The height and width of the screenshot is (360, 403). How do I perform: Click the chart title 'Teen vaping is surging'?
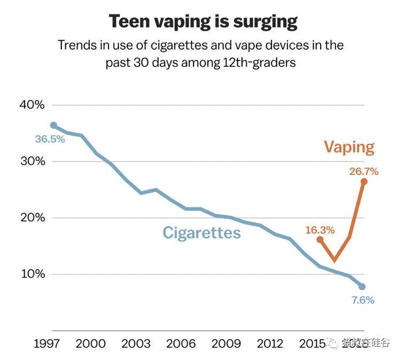203,22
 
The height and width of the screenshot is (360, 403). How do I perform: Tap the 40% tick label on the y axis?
32,105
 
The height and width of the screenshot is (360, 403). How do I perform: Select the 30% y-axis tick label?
32,162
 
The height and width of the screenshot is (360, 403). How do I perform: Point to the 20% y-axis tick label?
32,218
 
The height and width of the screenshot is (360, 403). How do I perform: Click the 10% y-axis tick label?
32,274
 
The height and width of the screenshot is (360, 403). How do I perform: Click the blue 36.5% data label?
50,140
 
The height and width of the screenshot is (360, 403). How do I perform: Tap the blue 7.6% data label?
362,300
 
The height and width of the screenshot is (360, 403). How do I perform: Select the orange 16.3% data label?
320,231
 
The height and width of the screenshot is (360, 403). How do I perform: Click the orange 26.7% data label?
364,172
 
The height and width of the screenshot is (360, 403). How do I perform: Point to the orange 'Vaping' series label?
349,147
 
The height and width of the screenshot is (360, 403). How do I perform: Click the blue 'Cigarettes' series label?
201,233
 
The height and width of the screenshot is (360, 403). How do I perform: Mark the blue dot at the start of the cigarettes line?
53,125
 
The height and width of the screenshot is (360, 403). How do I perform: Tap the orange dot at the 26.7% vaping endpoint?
364,181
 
